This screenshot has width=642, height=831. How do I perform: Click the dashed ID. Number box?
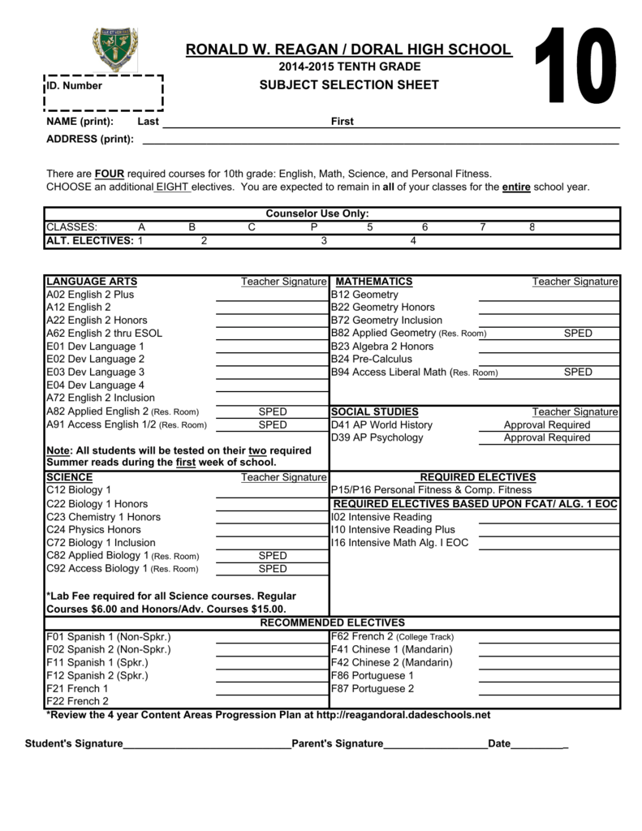click(102, 93)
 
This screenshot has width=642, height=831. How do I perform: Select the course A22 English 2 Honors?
click(97, 321)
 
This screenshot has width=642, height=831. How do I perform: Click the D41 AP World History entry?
click(381, 425)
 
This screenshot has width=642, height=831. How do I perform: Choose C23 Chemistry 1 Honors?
click(103, 517)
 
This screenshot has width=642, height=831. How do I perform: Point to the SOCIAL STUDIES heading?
click(374, 412)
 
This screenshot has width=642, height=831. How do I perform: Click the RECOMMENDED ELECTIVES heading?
click(332, 622)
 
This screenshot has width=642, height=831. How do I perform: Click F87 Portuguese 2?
click(372, 689)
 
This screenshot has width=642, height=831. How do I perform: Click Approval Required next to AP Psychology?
click(546, 438)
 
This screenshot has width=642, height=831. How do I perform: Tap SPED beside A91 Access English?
click(272, 425)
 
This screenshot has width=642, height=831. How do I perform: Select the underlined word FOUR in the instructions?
click(108, 174)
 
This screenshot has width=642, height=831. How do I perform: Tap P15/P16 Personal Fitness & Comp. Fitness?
click(431, 490)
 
